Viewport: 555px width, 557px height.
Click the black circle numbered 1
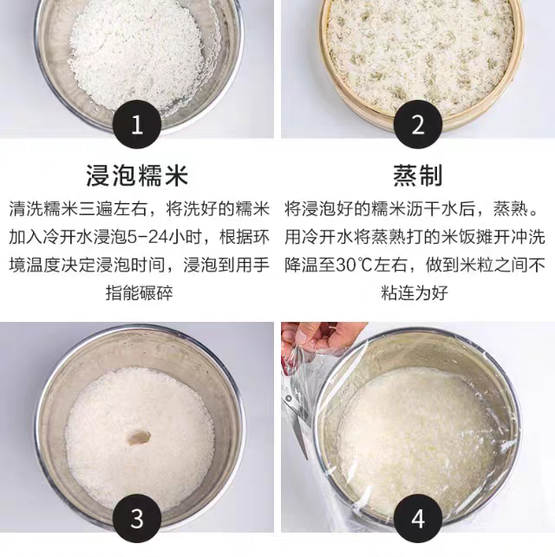pos(137,124)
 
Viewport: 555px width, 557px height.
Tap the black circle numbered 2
pos(418,124)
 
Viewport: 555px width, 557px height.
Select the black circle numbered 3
pos(137,518)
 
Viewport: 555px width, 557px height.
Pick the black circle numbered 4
pos(418,518)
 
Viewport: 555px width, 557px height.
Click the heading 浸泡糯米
pos(137,175)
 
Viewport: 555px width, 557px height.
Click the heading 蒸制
pos(418,175)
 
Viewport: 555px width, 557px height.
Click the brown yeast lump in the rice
pos(140,437)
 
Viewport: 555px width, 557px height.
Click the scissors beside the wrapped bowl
pos(297,419)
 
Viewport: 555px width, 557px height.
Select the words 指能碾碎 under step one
pos(140,293)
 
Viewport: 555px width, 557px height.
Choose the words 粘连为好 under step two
pos(415,293)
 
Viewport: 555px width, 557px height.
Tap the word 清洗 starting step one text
pos(26,209)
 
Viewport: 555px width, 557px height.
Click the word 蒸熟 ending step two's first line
pos(510,209)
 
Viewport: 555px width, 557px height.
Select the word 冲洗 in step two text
pos(527,237)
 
